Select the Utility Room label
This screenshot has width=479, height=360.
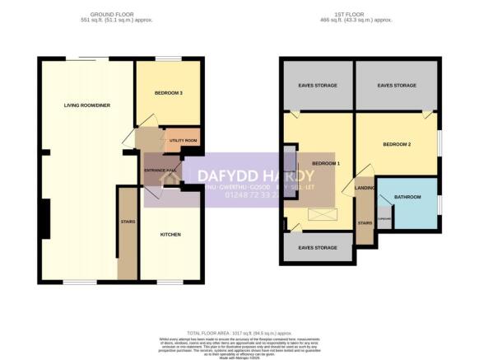(x=183, y=141)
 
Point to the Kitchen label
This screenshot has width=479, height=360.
(x=170, y=235)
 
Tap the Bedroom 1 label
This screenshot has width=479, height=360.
(x=326, y=164)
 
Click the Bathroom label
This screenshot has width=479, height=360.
(x=407, y=197)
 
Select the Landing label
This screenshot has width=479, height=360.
(x=365, y=188)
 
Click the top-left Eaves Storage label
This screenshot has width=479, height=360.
(x=316, y=86)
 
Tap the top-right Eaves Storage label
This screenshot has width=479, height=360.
(x=397, y=86)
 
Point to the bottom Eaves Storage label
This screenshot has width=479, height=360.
(x=318, y=247)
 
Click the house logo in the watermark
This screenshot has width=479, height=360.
(x=171, y=176)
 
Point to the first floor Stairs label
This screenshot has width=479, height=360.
(x=364, y=222)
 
